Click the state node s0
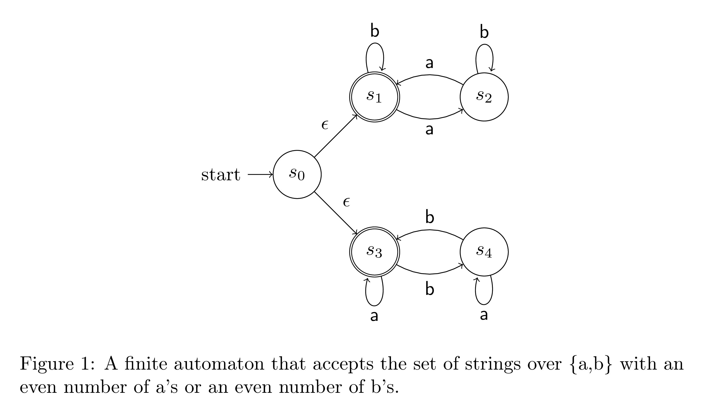pyautogui.click(x=297, y=174)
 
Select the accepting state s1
pyautogui.click(x=375, y=97)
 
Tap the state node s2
pyautogui.click(x=484, y=97)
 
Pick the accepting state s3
pyautogui.click(x=375, y=252)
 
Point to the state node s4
pyautogui.click(x=484, y=252)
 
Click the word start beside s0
pyautogui.click(x=220, y=175)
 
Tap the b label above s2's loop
pyautogui.click(x=484, y=32)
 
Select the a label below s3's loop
pyautogui.click(x=374, y=316)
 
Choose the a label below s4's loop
pyautogui.click(x=484, y=315)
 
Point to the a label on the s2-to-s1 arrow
pyautogui.click(x=430, y=63)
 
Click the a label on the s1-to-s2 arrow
pyautogui.click(x=430, y=130)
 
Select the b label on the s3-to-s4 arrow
pyautogui.click(x=430, y=289)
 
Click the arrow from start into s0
pyautogui.click(x=260, y=175)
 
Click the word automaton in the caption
pyautogui.click(x=219, y=364)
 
